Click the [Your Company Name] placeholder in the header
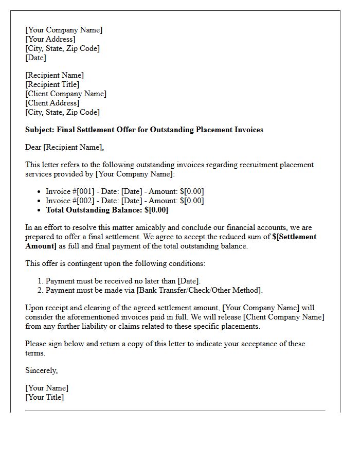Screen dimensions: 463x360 tap(64, 30)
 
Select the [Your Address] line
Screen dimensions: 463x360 tap(50, 39)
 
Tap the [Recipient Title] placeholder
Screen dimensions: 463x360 tap(52, 84)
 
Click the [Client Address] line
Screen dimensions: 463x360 tap(52, 103)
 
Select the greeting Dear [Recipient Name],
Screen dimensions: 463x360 tap(64, 147)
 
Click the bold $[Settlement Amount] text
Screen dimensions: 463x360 tap(294, 237)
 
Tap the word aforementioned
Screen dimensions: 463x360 tap(89, 317)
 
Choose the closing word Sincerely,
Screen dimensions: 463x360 tap(41, 370)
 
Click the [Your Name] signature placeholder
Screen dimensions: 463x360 tap(47, 388)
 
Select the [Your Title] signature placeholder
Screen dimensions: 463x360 tap(45, 397)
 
